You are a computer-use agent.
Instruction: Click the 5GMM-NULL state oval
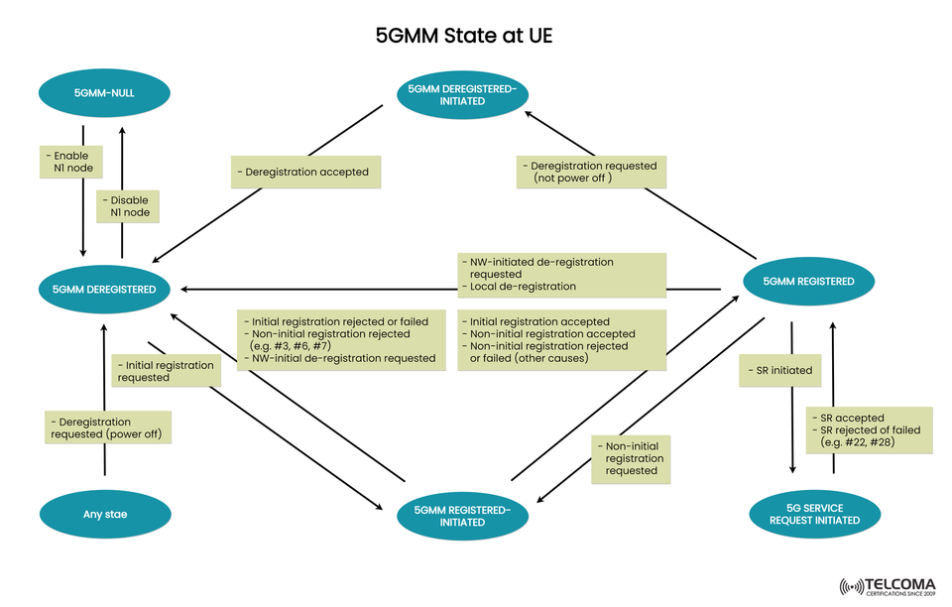pyautogui.click(x=104, y=93)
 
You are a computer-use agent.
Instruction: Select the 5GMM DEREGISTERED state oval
pyautogui.click(x=104, y=289)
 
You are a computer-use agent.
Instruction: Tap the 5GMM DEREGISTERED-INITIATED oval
pyautogui.click(x=462, y=94)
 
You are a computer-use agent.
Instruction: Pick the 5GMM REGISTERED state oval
pyautogui.click(x=808, y=282)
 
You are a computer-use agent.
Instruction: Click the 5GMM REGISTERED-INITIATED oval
pyautogui.click(x=462, y=516)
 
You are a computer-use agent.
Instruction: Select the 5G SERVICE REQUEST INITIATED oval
pyautogui.click(x=814, y=514)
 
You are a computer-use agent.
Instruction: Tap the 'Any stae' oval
pyautogui.click(x=104, y=515)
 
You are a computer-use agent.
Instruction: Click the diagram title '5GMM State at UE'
pyautogui.click(x=463, y=36)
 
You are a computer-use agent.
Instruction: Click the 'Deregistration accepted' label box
pyautogui.click(x=305, y=172)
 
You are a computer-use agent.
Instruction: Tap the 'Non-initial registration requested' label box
pyautogui.click(x=631, y=459)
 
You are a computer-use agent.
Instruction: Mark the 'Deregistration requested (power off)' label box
pyautogui.click(x=109, y=428)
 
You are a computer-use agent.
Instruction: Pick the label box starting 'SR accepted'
pyautogui.click(x=868, y=429)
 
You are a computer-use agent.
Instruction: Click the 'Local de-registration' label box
pyautogui.click(x=561, y=275)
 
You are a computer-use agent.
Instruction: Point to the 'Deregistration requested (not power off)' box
pyautogui.click(x=591, y=172)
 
